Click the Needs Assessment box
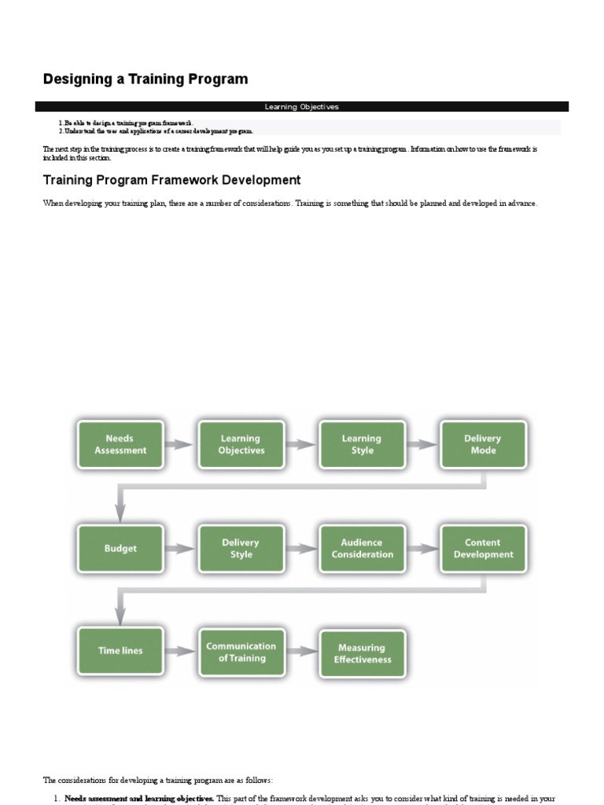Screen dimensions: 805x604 (x=120, y=445)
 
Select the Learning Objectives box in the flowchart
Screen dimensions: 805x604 (x=241, y=445)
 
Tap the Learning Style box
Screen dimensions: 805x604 (x=362, y=445)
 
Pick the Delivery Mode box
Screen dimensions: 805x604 (x=483, y=445)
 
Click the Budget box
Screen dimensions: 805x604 (x=120, y=549)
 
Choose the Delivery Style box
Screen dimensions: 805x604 (x=241, y=549)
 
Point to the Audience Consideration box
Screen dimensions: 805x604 (x=362, y=549)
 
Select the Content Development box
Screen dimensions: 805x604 (x=483, y=549)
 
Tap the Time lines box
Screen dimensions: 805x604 (x=120, y=651)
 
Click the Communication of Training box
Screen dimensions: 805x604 (x=241, y=652)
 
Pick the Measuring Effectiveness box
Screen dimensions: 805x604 (x=362, y=653)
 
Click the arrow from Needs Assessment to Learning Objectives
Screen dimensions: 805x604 (x=181, y=445)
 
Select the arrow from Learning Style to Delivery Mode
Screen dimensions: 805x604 (x=422, y=445)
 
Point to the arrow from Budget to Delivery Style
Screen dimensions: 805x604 (x=181, y=549)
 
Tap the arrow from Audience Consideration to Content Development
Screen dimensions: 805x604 (x=422, y=549)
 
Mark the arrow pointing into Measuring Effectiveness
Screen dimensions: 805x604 (x=301, y=652)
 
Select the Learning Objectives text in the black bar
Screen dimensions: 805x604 (x=302, y=107)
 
